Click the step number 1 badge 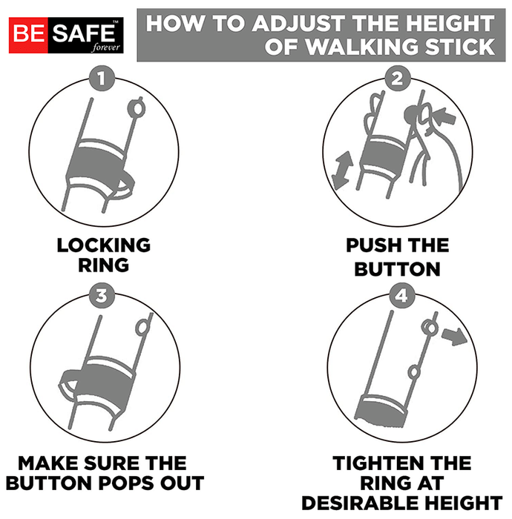[102, 79]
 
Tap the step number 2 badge [398, 79]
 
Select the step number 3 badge [102, 295]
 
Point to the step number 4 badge [401, 295]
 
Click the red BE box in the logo [28, 36]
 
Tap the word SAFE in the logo [83, 33]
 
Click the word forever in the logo [106, 47]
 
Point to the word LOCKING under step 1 [104, 245]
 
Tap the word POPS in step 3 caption [125, 483]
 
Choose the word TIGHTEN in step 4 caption [375, 463]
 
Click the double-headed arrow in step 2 [343, 170]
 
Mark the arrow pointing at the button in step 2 [444, 116]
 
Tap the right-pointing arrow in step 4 [454, 337]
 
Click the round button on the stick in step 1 [137, 108]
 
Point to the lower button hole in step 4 [414, 372]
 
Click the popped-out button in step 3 [143, 327]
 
